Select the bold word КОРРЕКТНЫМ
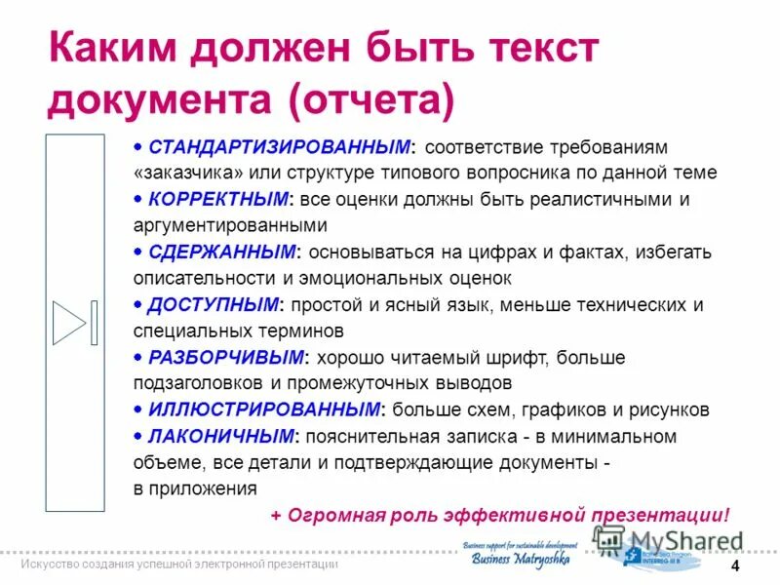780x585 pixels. [x=219, y=200]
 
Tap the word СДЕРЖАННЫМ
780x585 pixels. [x=222, y=253]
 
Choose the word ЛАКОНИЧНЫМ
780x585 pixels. [x=219, y=436]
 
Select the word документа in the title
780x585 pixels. [x=160, y=99]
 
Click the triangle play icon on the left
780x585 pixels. [x=69, y=324]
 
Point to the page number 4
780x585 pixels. [x=734, y=567]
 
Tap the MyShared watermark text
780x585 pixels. [x=682, y=542]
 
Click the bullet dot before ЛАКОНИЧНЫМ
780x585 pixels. [x=140, y=436]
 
